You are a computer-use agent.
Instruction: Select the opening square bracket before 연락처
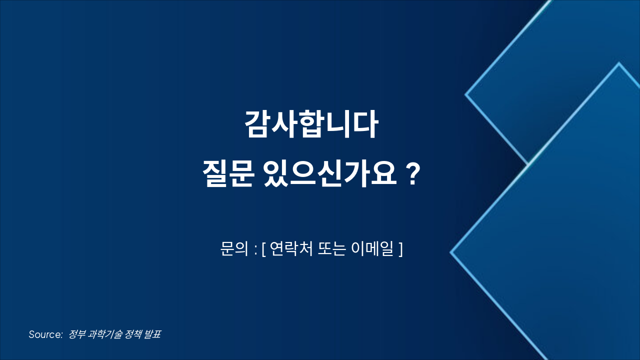click(264, 249)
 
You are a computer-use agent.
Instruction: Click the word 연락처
click(290, 248)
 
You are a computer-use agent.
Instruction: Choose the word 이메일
click(373, 248)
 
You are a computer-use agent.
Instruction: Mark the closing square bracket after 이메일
click(400, 249)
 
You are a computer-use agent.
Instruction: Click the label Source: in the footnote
click(45, 334)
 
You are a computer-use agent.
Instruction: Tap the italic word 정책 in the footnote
click(132, 334)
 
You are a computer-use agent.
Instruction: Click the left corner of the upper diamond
click(466, 94)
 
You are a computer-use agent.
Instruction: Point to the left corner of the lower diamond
click(451, 252)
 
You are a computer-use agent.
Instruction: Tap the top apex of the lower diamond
click(619, 63)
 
